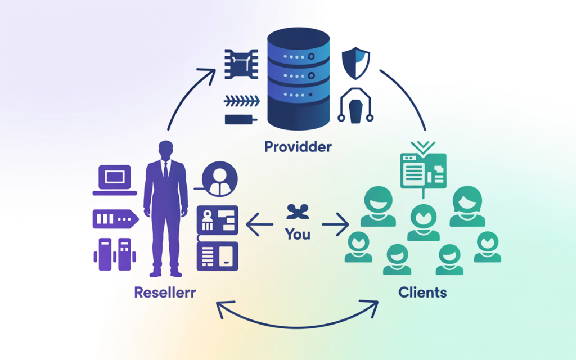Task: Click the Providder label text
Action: tap(298, 147)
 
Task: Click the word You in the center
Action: tap(298, 233)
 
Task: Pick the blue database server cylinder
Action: tap(298, 79)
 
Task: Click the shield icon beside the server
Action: tap(356, 65)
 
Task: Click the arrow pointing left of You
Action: tap(259, 227)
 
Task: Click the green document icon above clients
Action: tap(423, 170)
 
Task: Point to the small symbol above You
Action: tap(298, 213)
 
